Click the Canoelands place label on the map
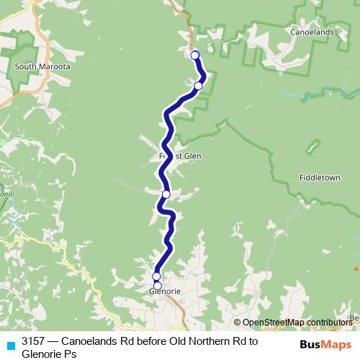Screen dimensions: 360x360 pyautogui.click(x=310, y=33)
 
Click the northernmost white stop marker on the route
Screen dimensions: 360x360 pyautogui.click(x=194, y=55)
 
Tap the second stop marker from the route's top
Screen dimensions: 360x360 pyautogui.click(x=198, y=86)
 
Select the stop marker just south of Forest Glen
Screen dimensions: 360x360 pyautogui.click(x=166, y=194)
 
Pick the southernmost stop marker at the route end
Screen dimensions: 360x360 pyautogui.click(x=158, y=285)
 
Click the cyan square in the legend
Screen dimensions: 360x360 pyautogui.click(x=10, y=344)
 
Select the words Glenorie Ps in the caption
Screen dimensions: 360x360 pyautogui.click(x=48, y=354)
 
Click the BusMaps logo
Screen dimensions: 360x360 pyautogui.click(x=325, y=344)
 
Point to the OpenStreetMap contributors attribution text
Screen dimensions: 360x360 pyautogui.click(x=297, y=323)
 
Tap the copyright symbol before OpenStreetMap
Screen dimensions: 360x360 pyautogui.click(x=238, y=323)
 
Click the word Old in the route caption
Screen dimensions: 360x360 pyautogui.click(x=177, y=341)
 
